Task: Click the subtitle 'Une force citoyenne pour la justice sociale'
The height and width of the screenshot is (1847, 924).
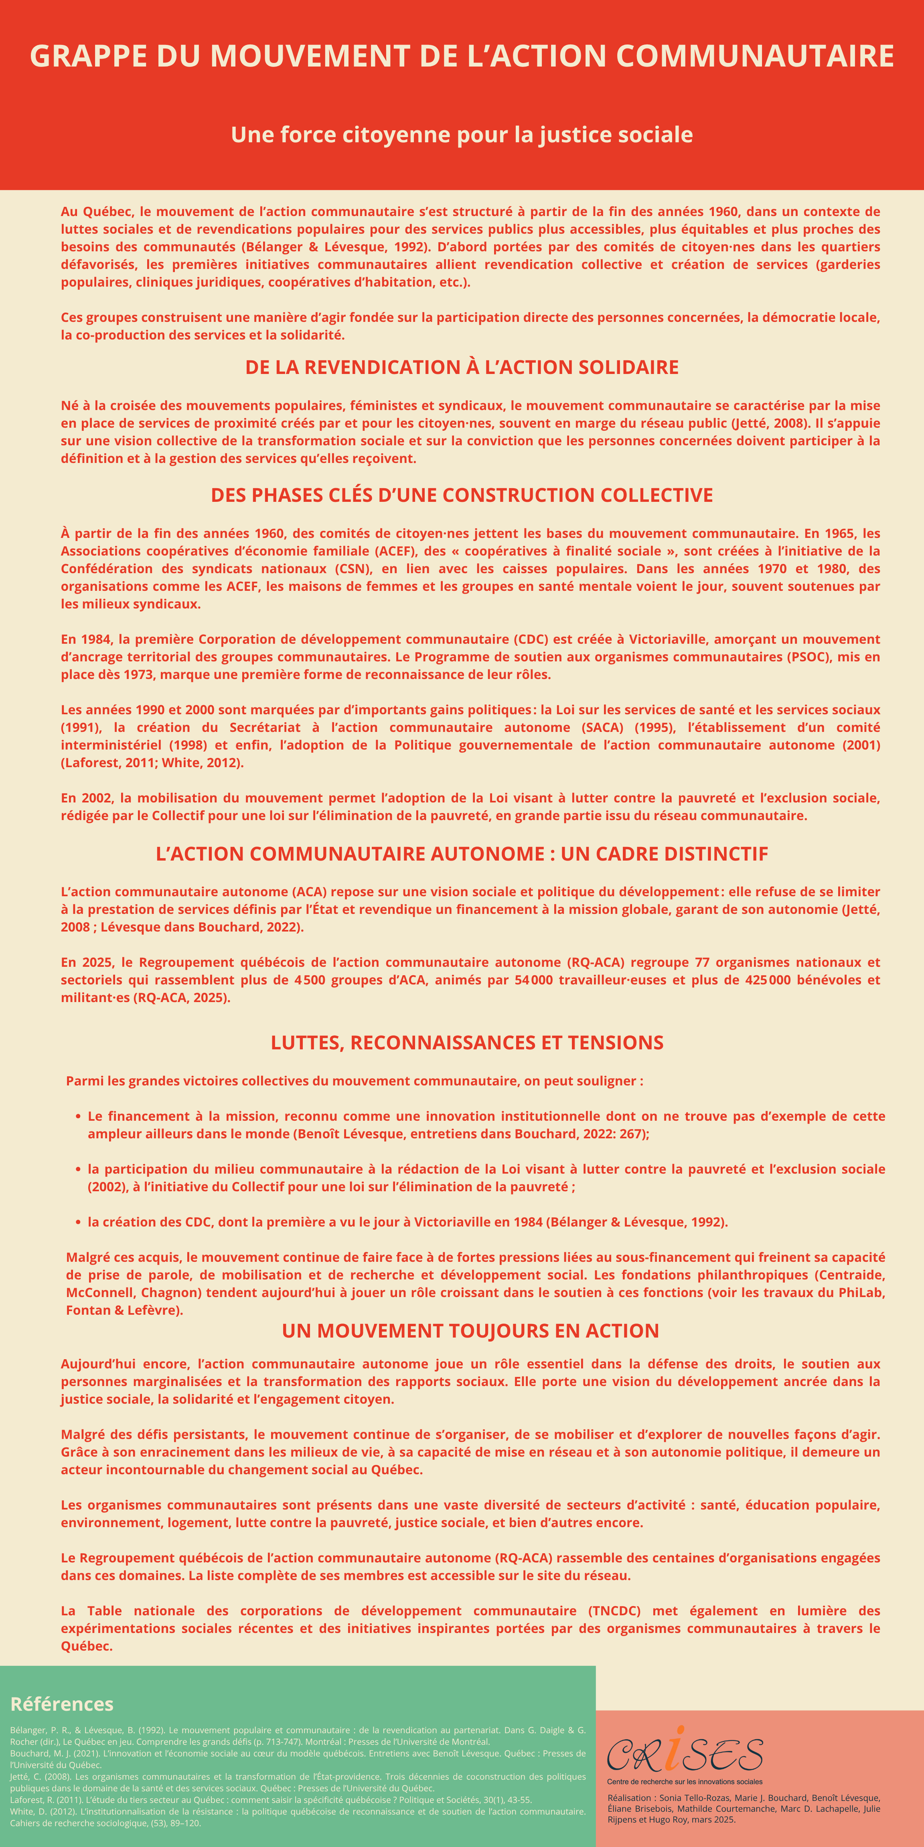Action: [462, 135]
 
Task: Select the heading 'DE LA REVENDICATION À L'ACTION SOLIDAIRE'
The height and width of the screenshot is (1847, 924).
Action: [462, 367]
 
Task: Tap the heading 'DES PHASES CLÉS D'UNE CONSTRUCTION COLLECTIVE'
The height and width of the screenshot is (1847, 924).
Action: [462, 495]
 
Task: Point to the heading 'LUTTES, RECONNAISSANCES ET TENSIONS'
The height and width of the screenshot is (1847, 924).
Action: [467, 1043]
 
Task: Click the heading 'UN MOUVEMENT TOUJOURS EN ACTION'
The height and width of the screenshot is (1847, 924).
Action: [470, 1331]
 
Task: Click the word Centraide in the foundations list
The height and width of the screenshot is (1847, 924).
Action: [851, 1275]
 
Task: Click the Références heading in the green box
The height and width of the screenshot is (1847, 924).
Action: [62, 1704]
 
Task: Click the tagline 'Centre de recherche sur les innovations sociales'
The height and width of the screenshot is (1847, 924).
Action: [685, 1781]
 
